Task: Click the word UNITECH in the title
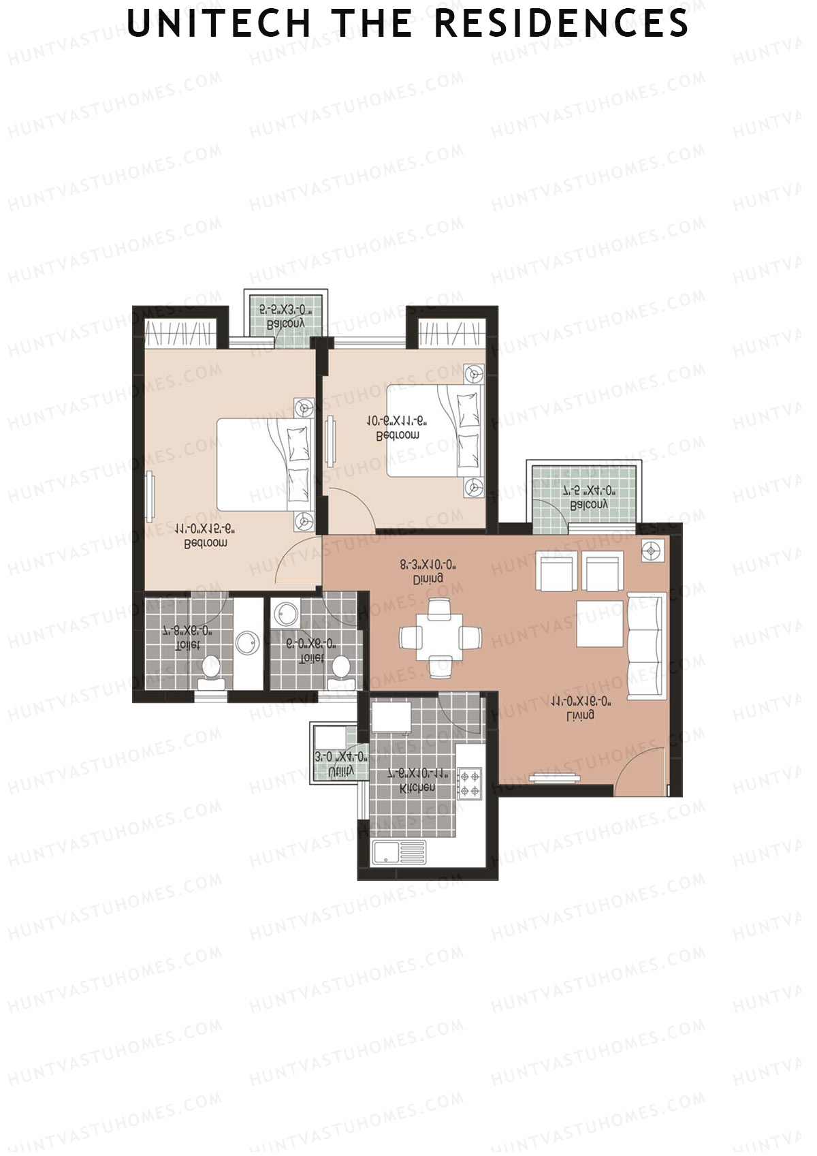tap(219, 25)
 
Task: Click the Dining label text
tap(428, 578)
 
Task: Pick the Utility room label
tap(340, 770)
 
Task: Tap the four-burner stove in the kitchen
tap(470, 783)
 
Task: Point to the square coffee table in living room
tap(600, 623)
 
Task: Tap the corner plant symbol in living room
tap(652, 550)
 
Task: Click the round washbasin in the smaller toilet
tap(282, 614)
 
